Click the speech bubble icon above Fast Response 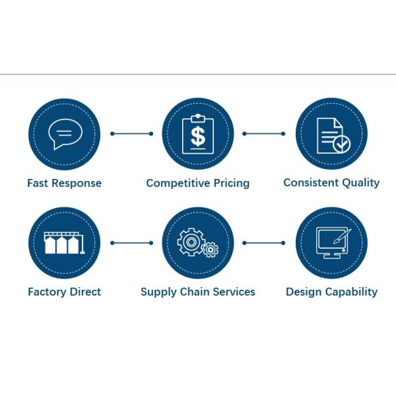pos(64,135)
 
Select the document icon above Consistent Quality pos(331,135)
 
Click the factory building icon pos(64,244)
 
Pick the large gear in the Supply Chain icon pos(191,242)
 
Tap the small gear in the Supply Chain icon pos(211,249)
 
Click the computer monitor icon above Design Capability pos(330,243)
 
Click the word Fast pos(38,183)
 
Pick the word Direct pos(86,291)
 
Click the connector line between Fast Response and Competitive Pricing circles pos(131,133)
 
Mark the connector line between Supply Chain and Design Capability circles pos(264,243)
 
